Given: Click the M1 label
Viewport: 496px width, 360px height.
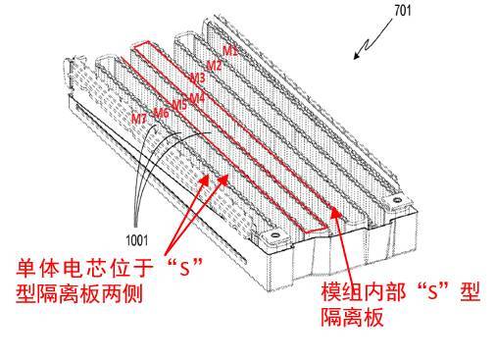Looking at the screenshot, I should pos(228,49).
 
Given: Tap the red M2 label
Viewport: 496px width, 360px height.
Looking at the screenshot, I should pos(214,65).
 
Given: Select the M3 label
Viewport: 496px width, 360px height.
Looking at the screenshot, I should pos(198,77).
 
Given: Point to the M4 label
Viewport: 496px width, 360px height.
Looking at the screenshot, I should pos(198,97).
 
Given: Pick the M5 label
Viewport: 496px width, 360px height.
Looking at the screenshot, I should pos(179,105).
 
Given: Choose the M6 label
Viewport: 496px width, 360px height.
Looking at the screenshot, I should pos(161,114).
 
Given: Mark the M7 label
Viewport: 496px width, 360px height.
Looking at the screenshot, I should pos(139,119).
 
